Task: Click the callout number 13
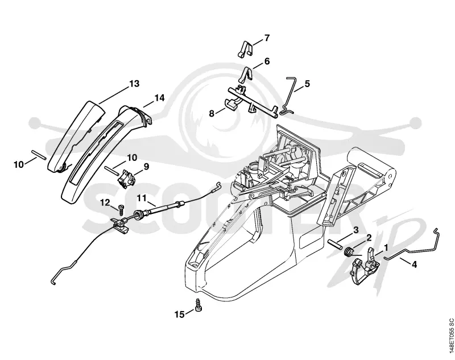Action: tap(134, 84)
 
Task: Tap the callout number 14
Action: tap(159, 98)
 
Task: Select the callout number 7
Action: tap(267, 38)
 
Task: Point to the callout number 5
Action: tap(307, 84)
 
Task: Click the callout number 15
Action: tap(180, 314)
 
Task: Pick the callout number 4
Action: tap(414, 264)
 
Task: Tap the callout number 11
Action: tap(142, 198)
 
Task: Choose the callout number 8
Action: tap(212, 113)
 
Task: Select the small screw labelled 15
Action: tap(198, 305)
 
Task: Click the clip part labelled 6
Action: tap(246, 74)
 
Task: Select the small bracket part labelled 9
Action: tap(126, 176)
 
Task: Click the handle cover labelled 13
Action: tap(76, 136)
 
